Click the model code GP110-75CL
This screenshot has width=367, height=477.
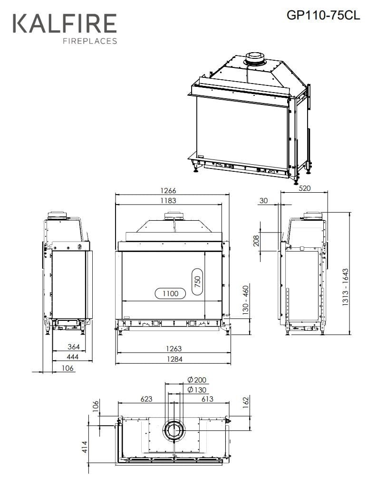tap(323, 15)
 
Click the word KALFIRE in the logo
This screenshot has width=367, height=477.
tap(65, 24)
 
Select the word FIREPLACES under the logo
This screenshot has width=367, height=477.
tap(90, 41)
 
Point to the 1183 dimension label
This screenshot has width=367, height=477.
tap(168, 201)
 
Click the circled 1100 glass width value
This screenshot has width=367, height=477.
tap(170, 293)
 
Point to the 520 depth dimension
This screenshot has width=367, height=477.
tap(304, 188)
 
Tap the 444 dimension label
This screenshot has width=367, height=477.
tap(73, 357)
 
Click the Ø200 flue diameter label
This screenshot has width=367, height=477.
tap(197, 380)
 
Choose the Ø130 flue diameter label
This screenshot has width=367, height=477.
tap(197, 390)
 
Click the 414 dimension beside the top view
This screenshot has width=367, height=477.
tap(85, 446)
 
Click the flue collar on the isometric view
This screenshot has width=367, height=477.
tap(255, 58)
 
